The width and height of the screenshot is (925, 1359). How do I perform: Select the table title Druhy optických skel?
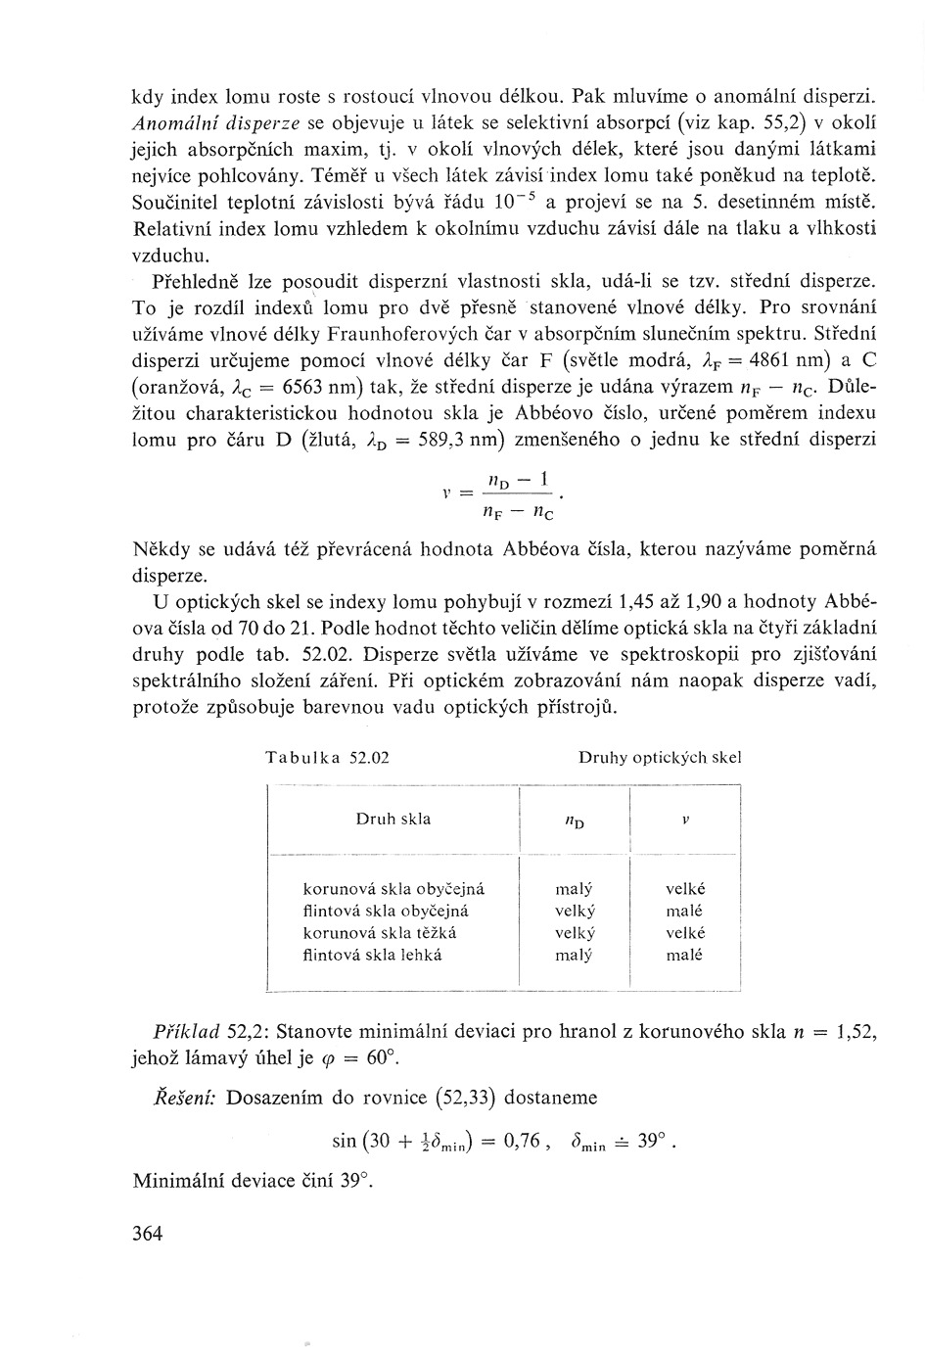point(660,757)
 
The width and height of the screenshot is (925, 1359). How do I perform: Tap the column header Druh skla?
point(393,819)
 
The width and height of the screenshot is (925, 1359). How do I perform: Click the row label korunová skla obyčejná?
point(394,889)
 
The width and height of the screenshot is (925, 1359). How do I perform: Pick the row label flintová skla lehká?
point(372,954)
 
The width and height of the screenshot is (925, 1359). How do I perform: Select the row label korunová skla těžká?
point(380,932)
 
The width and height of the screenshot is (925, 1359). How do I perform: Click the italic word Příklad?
point(186,1032)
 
